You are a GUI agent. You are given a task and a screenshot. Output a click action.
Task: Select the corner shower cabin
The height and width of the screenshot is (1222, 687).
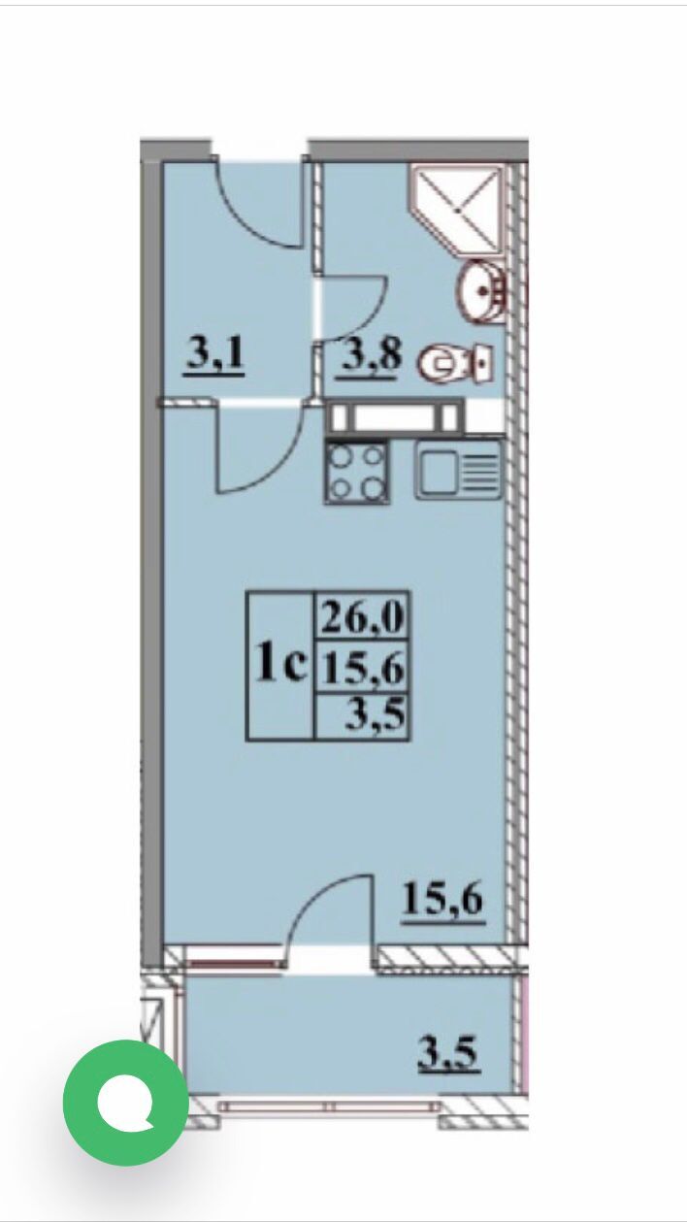(456, 209)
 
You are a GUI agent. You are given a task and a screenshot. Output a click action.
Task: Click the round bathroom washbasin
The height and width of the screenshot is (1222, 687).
(483, 289)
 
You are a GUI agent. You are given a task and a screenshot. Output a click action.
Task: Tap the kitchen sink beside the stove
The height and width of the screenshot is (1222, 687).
(460, 470)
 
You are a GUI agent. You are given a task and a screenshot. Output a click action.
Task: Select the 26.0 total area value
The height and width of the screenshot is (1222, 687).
(362, 617)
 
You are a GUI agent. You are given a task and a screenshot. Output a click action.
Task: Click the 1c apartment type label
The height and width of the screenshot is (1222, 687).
(281, 662)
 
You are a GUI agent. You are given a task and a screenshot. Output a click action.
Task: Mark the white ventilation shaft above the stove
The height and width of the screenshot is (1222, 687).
(395, 418)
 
